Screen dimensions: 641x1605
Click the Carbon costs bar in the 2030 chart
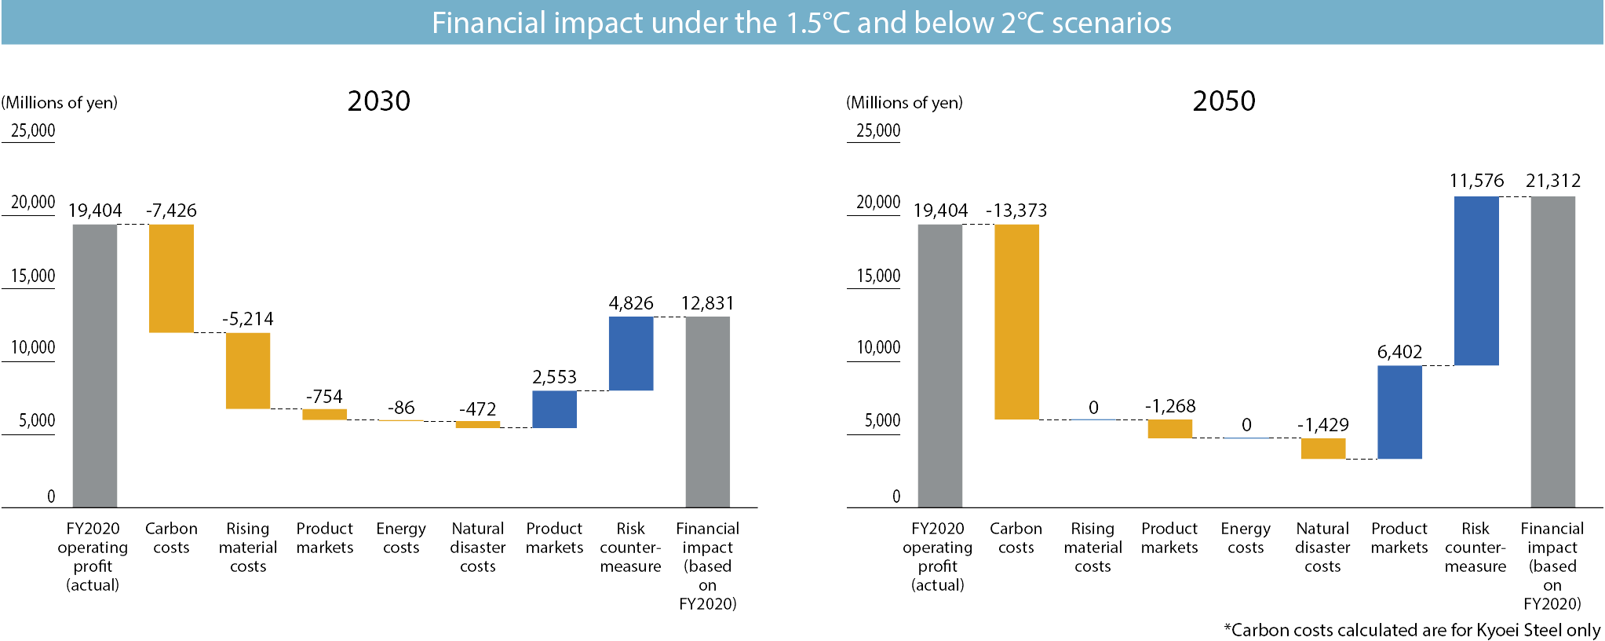(x=171, y=278)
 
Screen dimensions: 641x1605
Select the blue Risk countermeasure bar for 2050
(x=1476, y=280)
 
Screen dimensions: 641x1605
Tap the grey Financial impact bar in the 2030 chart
(x=707, y=412)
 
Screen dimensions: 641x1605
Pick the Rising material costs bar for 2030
(x=248, y=371)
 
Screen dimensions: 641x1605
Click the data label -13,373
(x=1016, y=211)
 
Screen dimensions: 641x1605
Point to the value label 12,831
(x=707, y=303)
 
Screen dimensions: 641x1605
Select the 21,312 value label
(x=1552, y=181)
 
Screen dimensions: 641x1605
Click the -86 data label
(x=401, y=408)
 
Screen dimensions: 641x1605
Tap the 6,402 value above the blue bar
(x=1399, y=352)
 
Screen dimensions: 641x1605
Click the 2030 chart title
(x=378, y=101)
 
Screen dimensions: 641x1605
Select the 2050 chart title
(x=1224, y=101)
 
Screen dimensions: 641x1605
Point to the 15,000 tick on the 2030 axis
(x=33, y=276)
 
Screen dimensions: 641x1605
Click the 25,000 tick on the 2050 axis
(x=878, y=130)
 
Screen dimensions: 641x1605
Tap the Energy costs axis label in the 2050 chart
(x=1246, y=538)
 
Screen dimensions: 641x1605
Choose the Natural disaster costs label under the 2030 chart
(x=478, y=548)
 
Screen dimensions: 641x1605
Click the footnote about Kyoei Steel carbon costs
(x=1411, y=630)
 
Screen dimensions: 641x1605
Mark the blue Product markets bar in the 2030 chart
(x=554, y=409)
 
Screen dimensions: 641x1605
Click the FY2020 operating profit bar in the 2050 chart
(x=939, y=365)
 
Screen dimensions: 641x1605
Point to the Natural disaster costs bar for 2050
(x=1322, y=449)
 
